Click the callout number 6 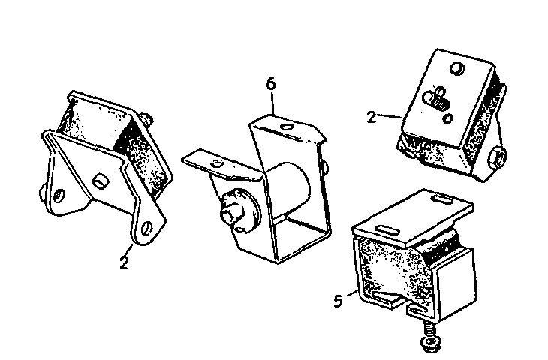click(271, 84)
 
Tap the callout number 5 click(339, 301)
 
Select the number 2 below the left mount click(124, 262)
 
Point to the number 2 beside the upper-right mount click(372, 117)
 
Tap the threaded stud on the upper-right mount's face click(435, 99)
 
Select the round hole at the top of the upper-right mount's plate click(457, 67)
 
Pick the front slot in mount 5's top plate click(387, 230)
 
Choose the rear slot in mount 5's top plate click(444, 199)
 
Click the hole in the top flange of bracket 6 click(288, 127)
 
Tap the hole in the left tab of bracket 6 click(217, 163)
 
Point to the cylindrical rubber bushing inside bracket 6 click(292, 188)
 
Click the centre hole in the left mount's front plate click(101, 181)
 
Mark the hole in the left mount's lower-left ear click(59, 196)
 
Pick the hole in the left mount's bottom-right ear click(147, 228)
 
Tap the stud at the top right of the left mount click(147, 118)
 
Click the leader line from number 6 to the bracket click(272, 103)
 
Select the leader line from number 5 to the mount click(352, 293)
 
